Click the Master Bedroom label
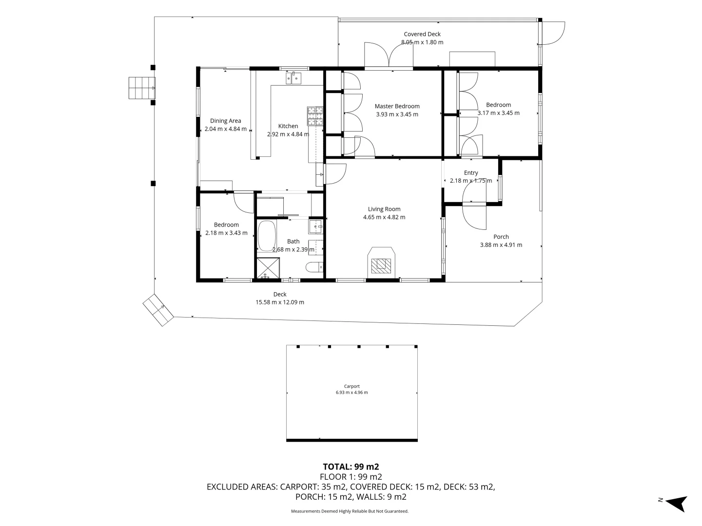pyautogui.click(x=397, y=106)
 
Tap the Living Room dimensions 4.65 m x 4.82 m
pyautogui.click(x=384, y=217)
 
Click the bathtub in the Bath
pyautogui.click(x=266, y=236)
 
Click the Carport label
pyautogui.click(x=351, y=386)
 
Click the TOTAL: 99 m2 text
pyautogui.click(x=351, y=467)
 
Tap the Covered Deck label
pyautogui.click(x=422, y=34)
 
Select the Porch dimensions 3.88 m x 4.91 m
pyautogui.click(x=501, y=245)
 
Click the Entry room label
pyautogui.click(x=471, y=173)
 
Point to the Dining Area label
pyautogui.click(x=225, y=121)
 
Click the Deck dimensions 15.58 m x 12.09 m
pyautogui.click(x=280, y=302)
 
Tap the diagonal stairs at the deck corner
pyautogui.click(x=158, y=310)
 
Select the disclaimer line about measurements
pyautogui.click(x=350, y=511)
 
